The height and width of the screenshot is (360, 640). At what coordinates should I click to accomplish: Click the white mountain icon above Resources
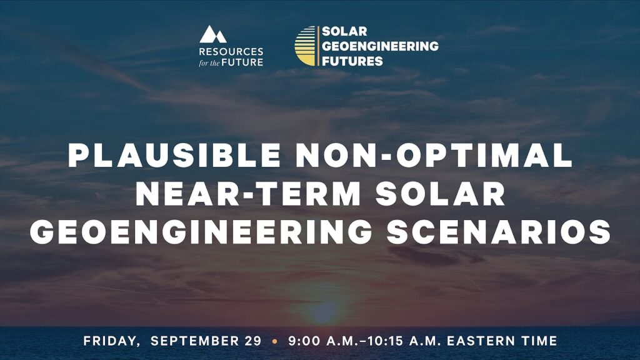[x=213, y=34]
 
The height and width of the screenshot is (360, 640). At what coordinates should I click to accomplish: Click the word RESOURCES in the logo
[x=231, y=51]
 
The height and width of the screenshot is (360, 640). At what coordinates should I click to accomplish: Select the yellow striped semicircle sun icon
[x=306, y=46]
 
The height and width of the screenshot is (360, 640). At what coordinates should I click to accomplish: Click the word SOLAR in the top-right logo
[x=341, y=31]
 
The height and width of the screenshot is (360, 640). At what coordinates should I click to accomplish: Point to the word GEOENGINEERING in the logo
[x=379, y=46]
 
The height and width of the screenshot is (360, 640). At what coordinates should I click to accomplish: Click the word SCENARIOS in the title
[x=499, y=232]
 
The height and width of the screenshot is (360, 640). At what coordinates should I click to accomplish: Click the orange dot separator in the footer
[x=274, y=342]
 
